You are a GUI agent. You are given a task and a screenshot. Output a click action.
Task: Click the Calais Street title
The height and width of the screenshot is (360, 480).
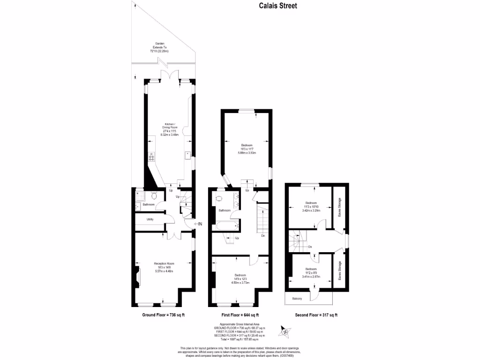[x=278, y=6]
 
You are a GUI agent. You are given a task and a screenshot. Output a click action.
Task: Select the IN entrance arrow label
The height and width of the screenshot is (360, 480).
[x=199, y=225]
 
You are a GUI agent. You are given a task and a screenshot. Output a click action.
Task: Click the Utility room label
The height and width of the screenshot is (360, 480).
[x=150, y=219]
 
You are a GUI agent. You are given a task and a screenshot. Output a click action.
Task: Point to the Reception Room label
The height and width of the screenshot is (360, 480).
[x=164, y=267]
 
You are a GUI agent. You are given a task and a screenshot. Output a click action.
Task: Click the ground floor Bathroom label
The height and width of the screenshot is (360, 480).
[x=149, y=205]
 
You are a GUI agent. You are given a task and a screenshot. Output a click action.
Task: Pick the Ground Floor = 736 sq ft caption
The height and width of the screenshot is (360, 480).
[x=164, y=315]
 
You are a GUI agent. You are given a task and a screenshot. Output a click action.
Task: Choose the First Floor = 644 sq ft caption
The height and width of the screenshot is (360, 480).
[x=240, y=315]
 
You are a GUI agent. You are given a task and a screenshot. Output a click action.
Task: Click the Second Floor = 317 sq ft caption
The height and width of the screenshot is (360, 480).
[x=316, y=315]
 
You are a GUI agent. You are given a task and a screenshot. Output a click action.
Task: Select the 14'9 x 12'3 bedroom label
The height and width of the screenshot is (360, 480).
[x=240, y=278]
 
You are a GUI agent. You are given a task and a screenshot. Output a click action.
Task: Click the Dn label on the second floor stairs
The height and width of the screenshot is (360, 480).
[x=310, y=247]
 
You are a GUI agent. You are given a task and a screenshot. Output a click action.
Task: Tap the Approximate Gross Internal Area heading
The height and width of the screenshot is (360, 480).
[x=240, y=324]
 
